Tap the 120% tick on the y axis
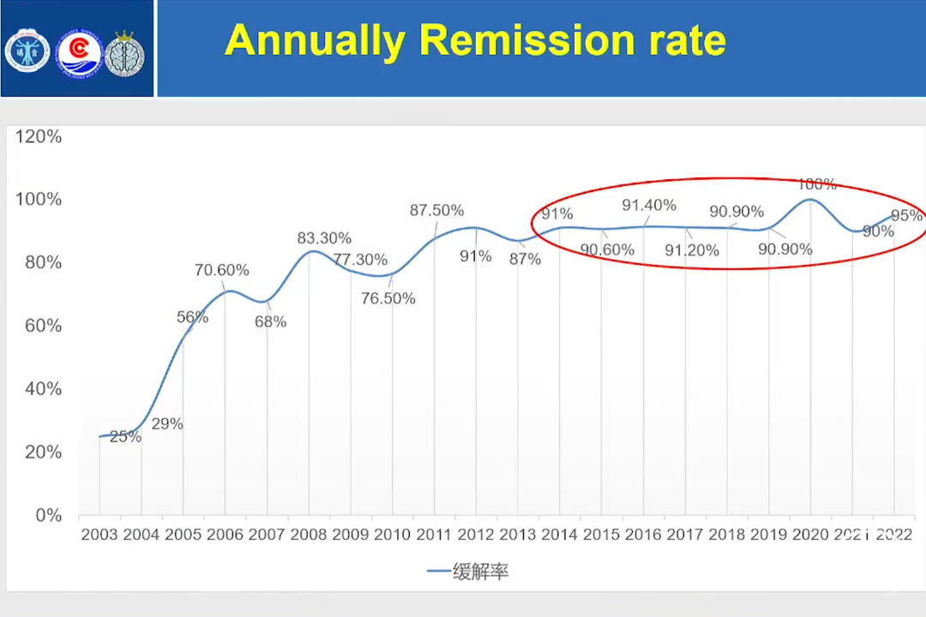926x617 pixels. (x=39, y=136)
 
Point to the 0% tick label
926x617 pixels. (x=48, y=515)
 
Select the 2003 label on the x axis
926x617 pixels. (x=99, y=535)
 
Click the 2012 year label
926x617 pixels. (x=475, y=535)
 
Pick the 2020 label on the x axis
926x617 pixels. (x=810, y=535)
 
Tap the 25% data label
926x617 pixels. (x=125, y=436)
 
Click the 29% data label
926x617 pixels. (x=167, y=423)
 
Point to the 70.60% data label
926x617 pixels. (x=221, y=270)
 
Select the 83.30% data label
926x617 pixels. (x=324, y=237)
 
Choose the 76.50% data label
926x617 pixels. (x=388, y=298)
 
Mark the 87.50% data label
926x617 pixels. (x=436, y=210)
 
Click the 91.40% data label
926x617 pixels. (x=649, y=205)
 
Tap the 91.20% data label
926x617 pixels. (x=692, y=250)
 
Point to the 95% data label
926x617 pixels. (x=906, y=215)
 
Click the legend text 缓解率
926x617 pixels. (x=481, y=572)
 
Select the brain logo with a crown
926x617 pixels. (x=125, y=54)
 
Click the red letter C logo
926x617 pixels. (x=79, y=54)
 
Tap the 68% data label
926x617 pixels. (x=270, y=321)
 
